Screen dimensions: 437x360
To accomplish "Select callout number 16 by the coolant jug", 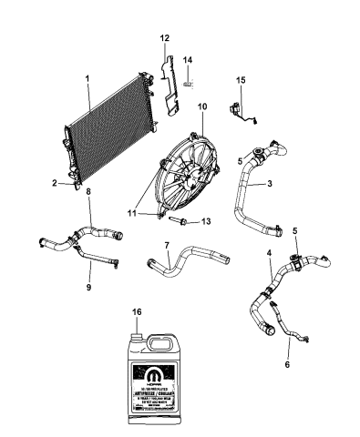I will [139, 311].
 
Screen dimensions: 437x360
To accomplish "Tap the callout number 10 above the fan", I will [202, 107].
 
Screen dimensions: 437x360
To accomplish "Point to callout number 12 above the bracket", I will [164, 37].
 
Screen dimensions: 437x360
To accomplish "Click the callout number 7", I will [166, 246].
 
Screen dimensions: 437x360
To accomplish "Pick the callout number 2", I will [54, 183].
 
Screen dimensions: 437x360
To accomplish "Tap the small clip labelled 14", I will [188, 84].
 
